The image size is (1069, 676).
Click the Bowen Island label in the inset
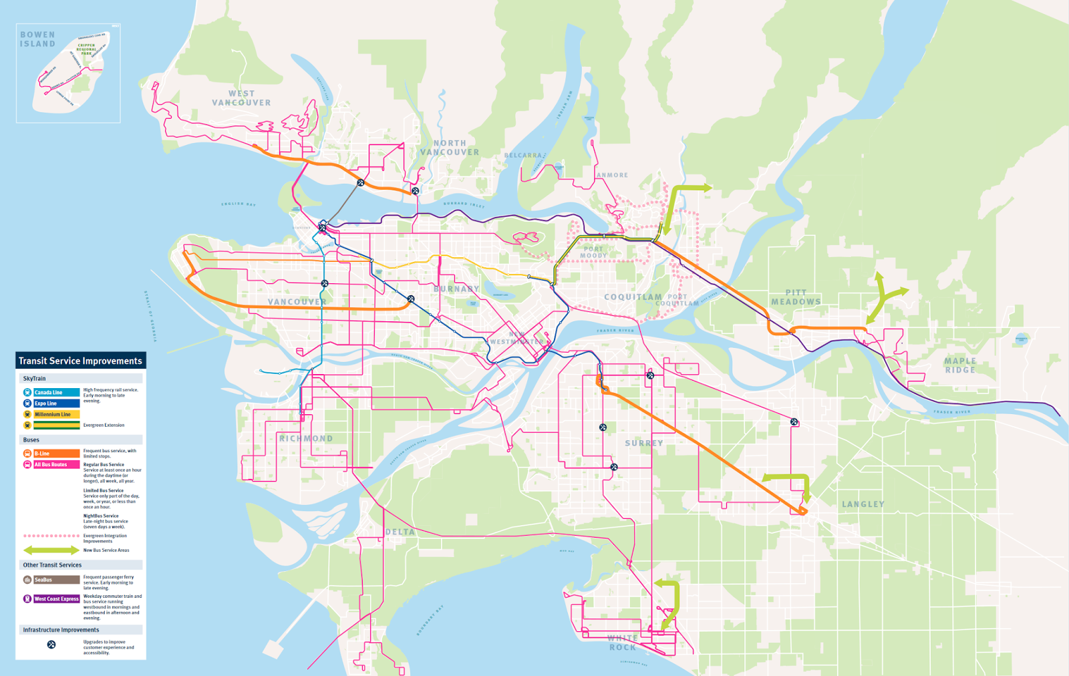[37, 39]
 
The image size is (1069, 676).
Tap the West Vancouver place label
[241, 98]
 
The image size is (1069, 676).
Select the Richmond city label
[306, 439]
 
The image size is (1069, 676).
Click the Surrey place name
[644, 443]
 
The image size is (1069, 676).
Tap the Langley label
[863, 504]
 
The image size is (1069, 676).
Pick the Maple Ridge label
[960, 365]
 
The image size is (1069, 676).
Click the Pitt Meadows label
[796, 297]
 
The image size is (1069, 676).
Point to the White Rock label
[622, 643]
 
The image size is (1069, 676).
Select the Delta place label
[400, 532]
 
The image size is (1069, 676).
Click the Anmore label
[612, 175]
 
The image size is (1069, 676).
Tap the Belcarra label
[523, 155]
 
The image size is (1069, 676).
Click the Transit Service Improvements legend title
[80, 361]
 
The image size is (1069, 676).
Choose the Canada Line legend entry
[56, 392]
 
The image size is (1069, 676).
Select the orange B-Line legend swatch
[56, 454]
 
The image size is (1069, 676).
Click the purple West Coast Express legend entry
[56, 599]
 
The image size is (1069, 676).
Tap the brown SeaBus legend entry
[56, 580]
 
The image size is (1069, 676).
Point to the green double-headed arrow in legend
[51, 550]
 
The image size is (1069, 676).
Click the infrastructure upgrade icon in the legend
[51, 645]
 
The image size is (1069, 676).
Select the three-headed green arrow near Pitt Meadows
[883, 297]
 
